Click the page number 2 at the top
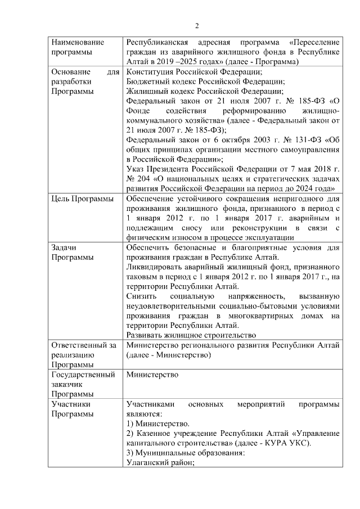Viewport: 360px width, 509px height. pos(197,25)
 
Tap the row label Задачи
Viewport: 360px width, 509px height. pos(64,247)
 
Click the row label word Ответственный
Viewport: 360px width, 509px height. pos(79,345)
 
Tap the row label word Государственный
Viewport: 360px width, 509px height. pos(83,374)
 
